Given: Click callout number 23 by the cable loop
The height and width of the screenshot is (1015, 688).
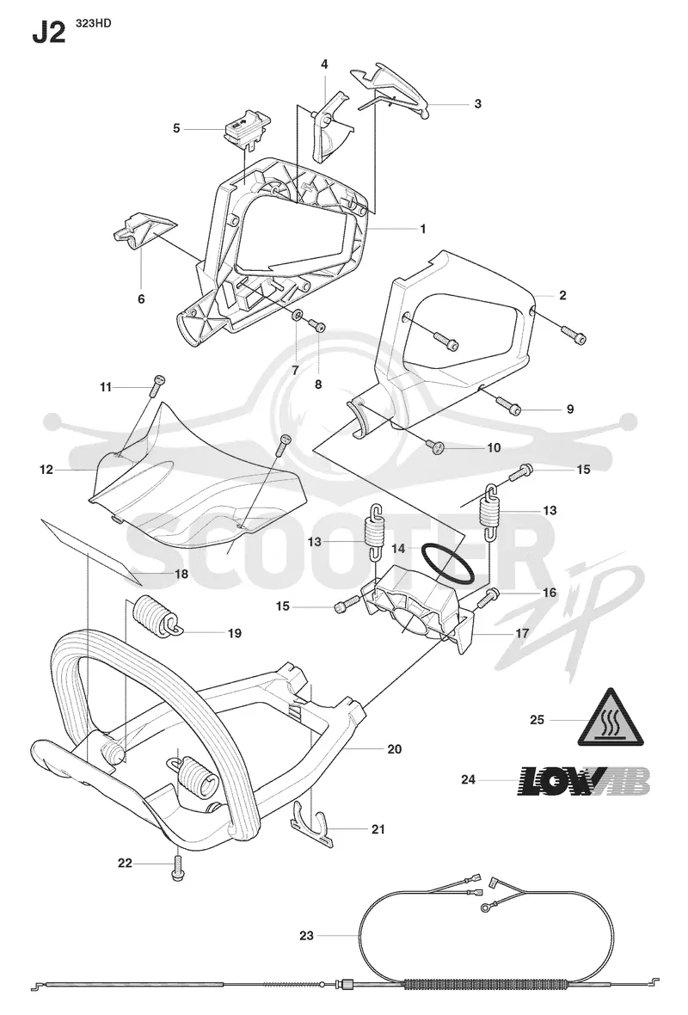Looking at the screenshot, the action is pos(306,935).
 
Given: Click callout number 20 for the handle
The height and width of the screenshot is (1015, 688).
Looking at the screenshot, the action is pos(394,749).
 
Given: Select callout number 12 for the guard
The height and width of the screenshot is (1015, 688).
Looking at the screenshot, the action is pos(46,470).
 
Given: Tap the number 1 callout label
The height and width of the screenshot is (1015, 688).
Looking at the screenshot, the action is pos(423,229).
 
